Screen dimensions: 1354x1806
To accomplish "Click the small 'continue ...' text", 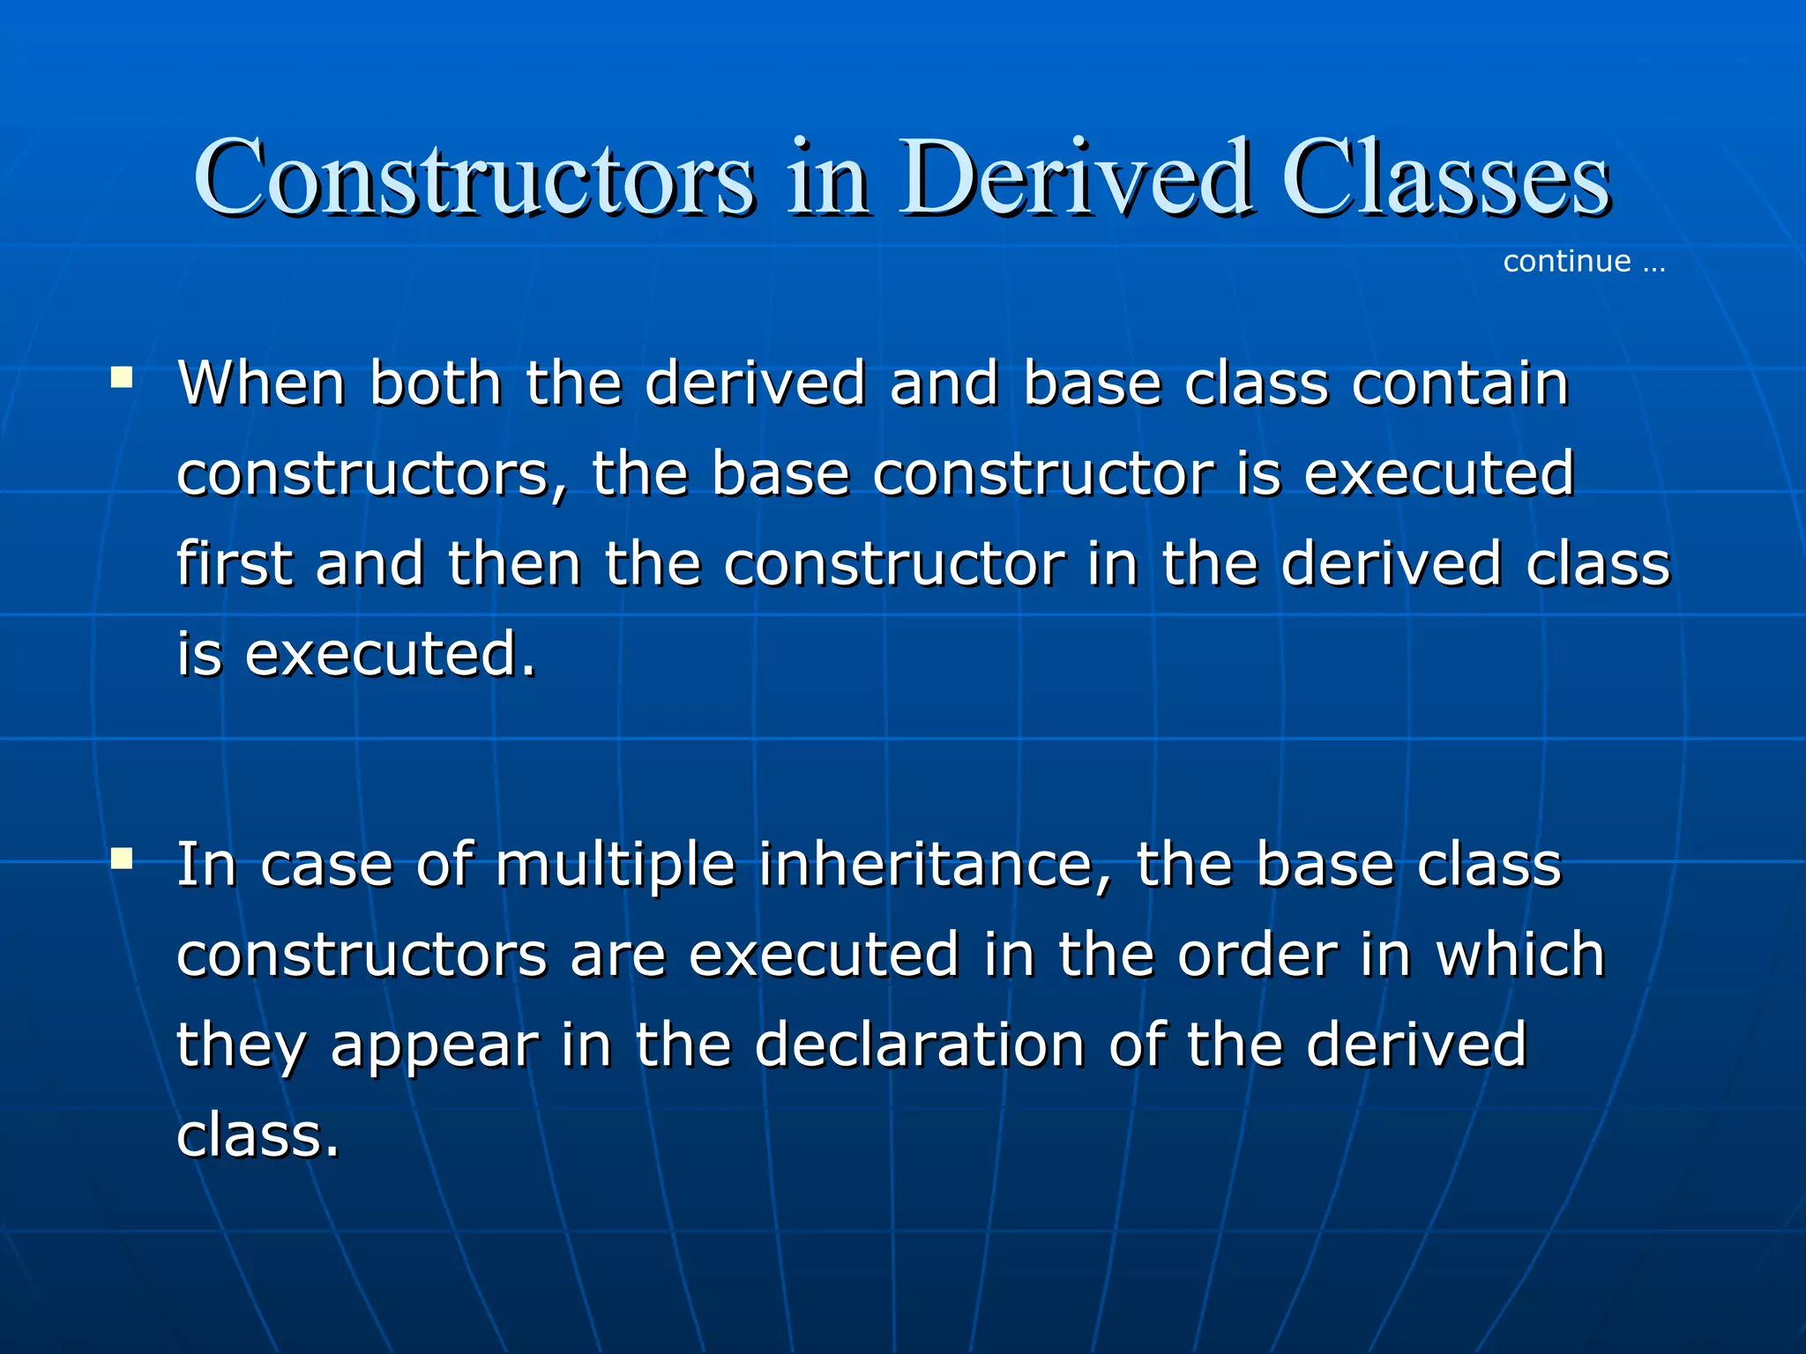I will click(x=1584, y=262).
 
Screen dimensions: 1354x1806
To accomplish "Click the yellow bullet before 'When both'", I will click(x=122, y=379).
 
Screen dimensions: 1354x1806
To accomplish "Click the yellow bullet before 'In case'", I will click(x=122, y=859).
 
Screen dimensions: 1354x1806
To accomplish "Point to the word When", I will click(x=261, y=384).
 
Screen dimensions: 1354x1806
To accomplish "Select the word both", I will click(x=435, y=384).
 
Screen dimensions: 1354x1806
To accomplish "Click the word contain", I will click(x=1459, y=384).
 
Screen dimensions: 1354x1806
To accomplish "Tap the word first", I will click(x=234, y=564).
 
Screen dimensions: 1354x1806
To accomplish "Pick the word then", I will click(x=514, y=564).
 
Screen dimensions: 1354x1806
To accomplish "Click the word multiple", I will click(x=615, y=866).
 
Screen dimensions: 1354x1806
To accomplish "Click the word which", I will click(x=1520, y=956).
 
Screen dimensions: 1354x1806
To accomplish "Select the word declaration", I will click(x=919, y=1045).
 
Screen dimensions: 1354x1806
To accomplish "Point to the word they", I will click(x=242, y=1047).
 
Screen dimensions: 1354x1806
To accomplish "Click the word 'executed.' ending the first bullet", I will click(x=389, y=656).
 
